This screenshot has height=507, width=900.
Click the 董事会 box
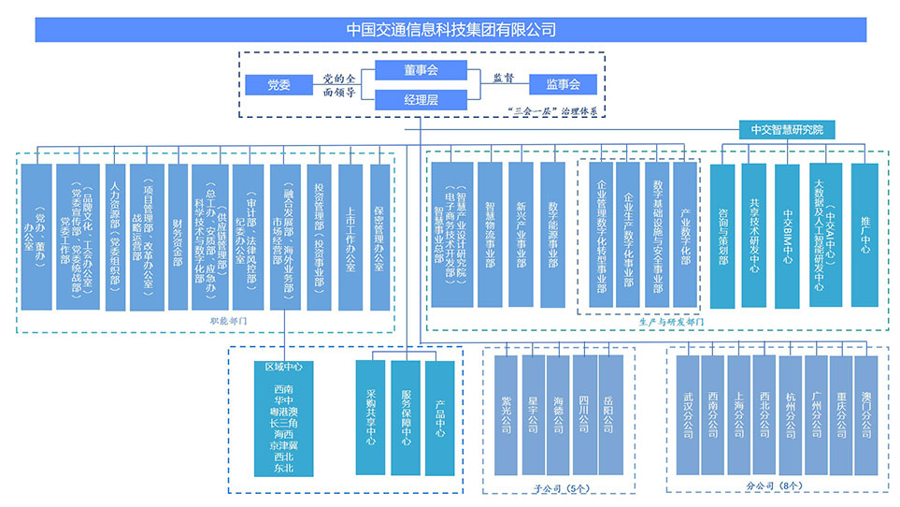[421, 70]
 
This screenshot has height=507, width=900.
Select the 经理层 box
[421, 99]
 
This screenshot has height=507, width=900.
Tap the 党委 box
[278, 85]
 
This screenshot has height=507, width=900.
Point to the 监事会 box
[563, 85]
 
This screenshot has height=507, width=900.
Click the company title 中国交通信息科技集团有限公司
[450, 29]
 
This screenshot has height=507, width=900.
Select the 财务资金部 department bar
[178, 237]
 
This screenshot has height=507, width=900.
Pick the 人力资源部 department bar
[115, 237]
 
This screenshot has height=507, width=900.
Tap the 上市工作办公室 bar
[350, 237]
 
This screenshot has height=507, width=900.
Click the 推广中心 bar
[865, 236]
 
